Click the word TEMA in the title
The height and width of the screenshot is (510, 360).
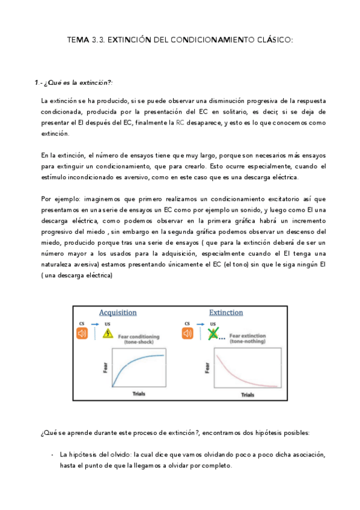78,40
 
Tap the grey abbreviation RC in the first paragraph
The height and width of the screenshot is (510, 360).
180,123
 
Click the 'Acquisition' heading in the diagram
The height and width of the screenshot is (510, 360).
118,313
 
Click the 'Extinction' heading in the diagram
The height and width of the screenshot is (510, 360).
226,313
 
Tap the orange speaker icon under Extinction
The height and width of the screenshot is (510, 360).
188,333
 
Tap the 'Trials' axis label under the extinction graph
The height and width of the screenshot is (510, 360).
248,395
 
